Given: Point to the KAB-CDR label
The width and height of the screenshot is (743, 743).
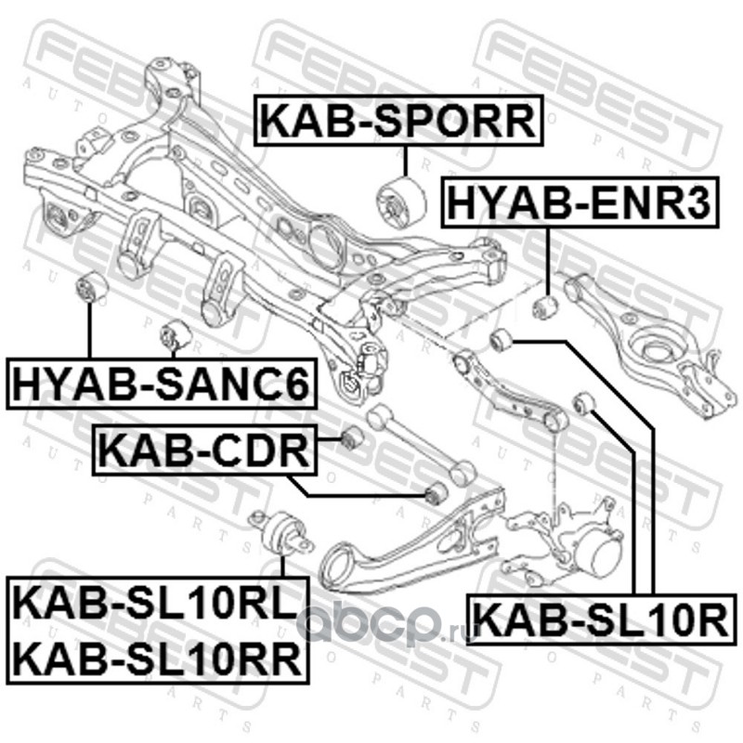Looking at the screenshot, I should (202, 450).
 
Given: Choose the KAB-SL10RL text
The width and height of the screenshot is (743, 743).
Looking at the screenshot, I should (152, 605).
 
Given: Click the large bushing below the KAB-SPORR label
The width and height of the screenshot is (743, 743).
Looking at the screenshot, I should (396, 199).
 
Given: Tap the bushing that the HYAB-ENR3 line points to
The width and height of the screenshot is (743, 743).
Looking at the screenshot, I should (544, 306).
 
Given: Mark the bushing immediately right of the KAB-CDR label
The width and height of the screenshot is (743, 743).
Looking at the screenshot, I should (350, 438).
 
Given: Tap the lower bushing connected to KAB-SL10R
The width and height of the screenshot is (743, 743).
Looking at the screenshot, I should (585, 402).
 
